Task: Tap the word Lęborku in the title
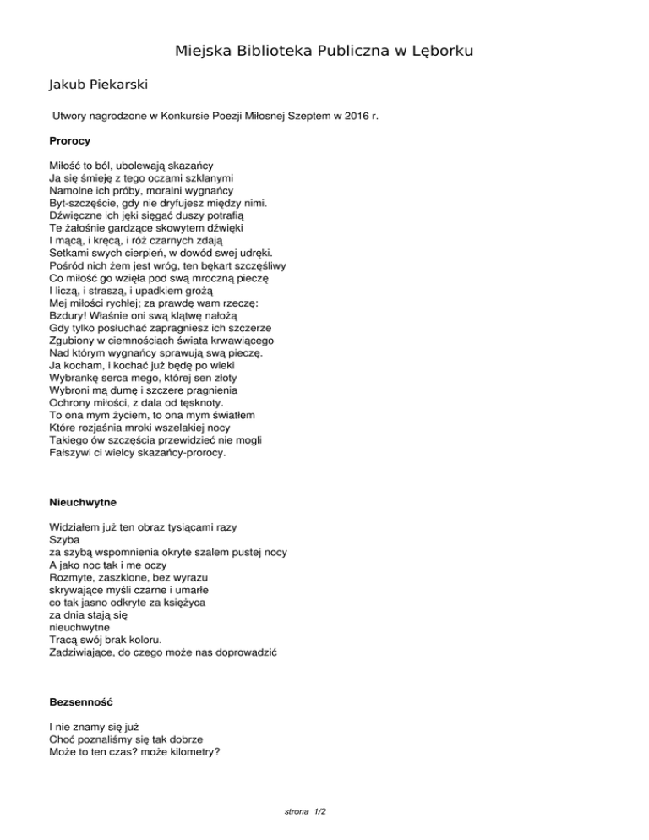pyautogui.click(x=438, y=52)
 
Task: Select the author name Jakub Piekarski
pyautogui.click(x=97, y=85)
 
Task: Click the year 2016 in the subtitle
pyautogui.click(x=352, y=115)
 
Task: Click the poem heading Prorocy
pyautogui.click(x=70, y=139)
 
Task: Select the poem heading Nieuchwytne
pyautogui.click(x=83, y=502)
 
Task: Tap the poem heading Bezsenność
pyautogui.click(x=81, y=702)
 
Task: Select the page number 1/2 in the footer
pyautogui.click(x=319, y=811)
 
